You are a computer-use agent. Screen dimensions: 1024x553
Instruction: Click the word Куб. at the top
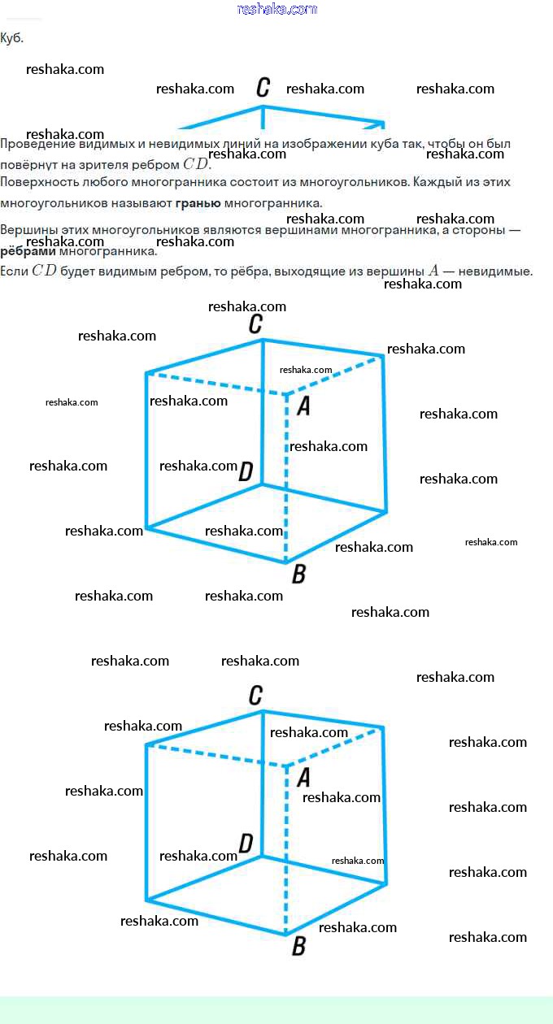coord(12,38)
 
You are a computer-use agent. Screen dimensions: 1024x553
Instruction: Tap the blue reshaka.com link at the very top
coord(276,9)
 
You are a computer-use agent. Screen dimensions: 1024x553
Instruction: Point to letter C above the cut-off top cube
coord(263,88)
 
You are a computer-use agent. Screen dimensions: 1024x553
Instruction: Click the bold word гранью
coord(198,202)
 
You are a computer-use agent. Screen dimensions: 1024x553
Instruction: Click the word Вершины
coord(29,230)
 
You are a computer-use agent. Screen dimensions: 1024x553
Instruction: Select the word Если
coord(14,271)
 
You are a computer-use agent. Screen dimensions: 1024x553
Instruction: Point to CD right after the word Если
coord(45,271)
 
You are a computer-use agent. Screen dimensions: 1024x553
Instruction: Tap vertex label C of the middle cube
coord(255,324)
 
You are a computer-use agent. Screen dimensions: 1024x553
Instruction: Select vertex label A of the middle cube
coord(303,406)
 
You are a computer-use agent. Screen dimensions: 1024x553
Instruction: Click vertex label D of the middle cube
coord(246,471)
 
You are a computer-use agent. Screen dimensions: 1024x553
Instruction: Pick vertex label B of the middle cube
coord(298,574)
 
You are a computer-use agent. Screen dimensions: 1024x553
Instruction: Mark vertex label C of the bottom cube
coord(255,696)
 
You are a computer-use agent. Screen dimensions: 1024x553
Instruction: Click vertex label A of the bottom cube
coord(303,778)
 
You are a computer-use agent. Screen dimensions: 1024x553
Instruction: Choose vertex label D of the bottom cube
coord(246,843)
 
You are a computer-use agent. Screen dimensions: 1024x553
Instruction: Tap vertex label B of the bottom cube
coord(298,946)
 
